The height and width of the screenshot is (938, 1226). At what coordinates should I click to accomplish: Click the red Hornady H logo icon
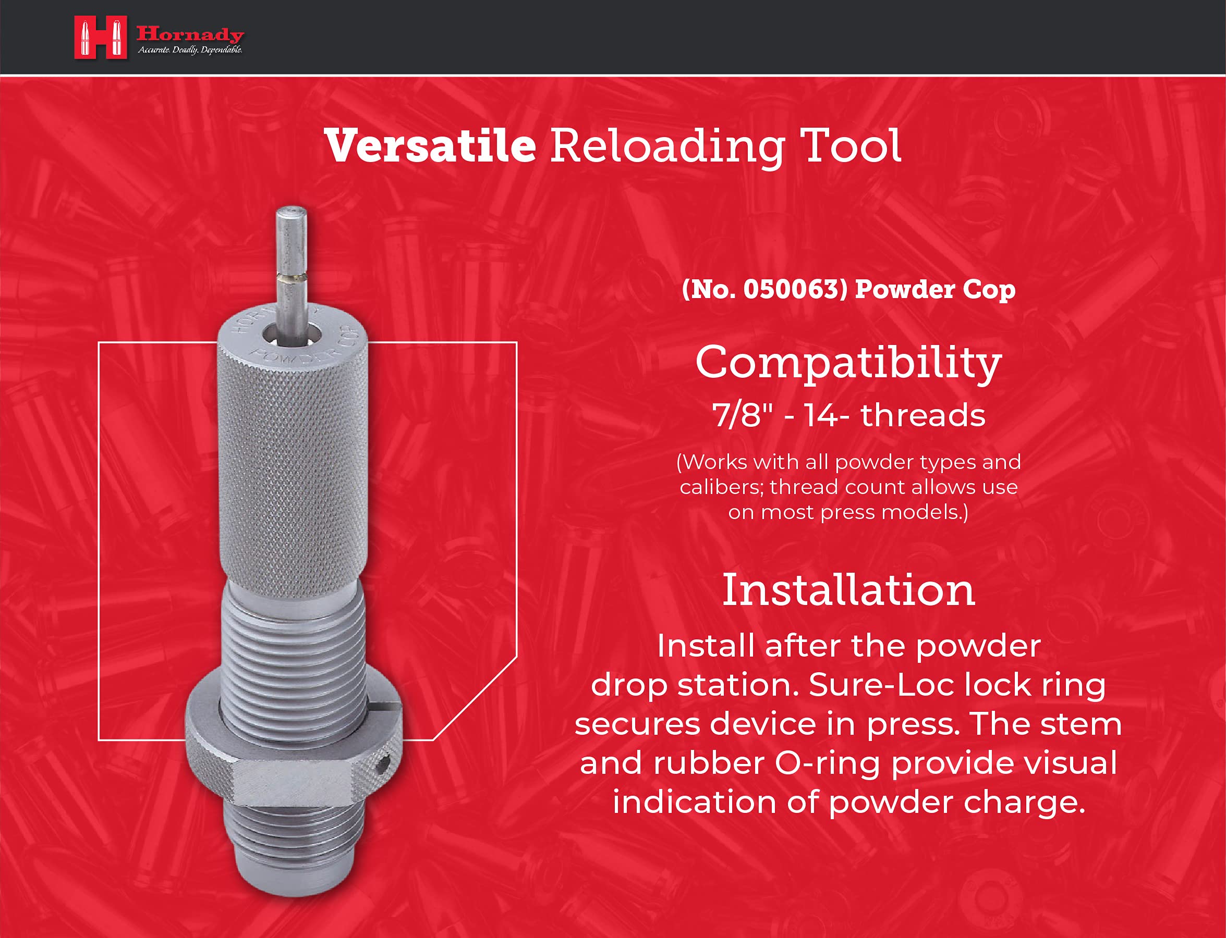coord(101,37)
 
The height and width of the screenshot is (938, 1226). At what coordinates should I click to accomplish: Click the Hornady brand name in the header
coord(190,34)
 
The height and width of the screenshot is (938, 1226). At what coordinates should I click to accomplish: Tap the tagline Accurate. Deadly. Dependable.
coord(190,50)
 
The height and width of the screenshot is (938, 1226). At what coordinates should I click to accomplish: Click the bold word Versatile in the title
coord(430,146)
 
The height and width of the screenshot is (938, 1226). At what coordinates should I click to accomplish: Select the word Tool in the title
coord(851,146)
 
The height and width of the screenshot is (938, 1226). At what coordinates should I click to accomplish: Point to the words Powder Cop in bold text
coord(935,289)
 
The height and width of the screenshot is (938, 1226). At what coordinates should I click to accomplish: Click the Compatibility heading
coord(848,363)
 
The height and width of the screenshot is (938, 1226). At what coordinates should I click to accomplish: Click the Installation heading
coord(848,590)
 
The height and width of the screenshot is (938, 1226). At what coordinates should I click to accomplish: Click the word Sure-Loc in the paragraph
coord(849,685)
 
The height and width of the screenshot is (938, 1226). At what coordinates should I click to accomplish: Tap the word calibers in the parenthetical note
coord(720,487)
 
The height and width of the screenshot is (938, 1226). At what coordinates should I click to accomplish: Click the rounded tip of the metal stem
coord(291,213)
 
